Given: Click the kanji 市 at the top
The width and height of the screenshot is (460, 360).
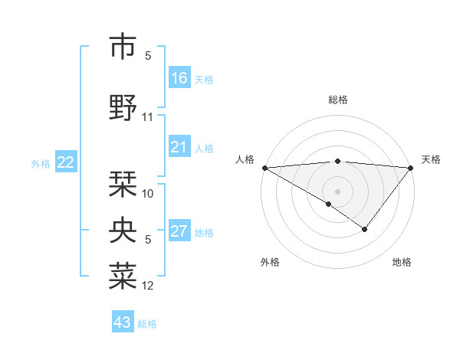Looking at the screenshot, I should click(123, 47).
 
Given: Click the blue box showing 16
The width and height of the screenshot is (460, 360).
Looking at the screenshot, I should click(179, 78).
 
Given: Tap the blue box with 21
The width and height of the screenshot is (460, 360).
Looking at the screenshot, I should click(179, 147).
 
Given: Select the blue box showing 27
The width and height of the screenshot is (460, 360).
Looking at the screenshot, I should click(179, 231).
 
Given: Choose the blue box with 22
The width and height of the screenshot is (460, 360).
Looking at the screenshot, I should click(66, 162).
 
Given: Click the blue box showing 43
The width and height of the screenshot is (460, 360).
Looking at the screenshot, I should click(123, 322).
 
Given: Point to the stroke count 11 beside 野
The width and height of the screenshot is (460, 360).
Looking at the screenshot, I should click(148, 117).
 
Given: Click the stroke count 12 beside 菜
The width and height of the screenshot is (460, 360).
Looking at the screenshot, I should click(148, 286).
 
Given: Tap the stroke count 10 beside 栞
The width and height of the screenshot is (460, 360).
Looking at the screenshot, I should click(148, 194).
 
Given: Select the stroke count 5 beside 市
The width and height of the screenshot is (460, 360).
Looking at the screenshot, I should click(148, 56).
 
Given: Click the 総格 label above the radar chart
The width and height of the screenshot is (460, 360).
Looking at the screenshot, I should click(337, 100).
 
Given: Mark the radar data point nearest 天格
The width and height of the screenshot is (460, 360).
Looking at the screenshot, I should click(411, 168).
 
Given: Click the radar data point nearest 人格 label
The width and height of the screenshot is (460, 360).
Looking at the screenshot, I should click(264, 168).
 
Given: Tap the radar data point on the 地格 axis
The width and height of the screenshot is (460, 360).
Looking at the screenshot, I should click(365, 229).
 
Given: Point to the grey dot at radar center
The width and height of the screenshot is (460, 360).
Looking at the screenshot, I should click(337, 191).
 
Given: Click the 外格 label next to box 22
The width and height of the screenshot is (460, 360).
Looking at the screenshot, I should click(41, 163).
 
